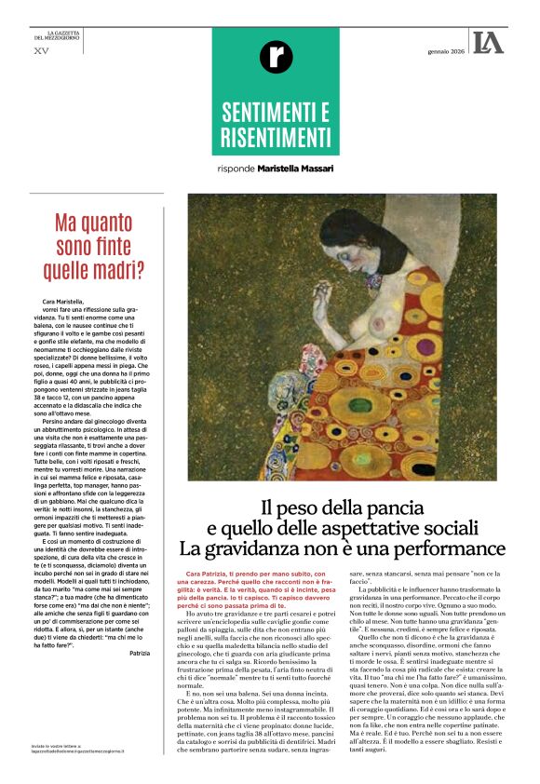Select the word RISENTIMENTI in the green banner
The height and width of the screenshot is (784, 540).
click(x=276, y=139)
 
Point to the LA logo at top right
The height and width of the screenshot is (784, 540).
click(x=487, y=42)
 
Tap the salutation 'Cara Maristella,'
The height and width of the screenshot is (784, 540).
click(x=62, y=303)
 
